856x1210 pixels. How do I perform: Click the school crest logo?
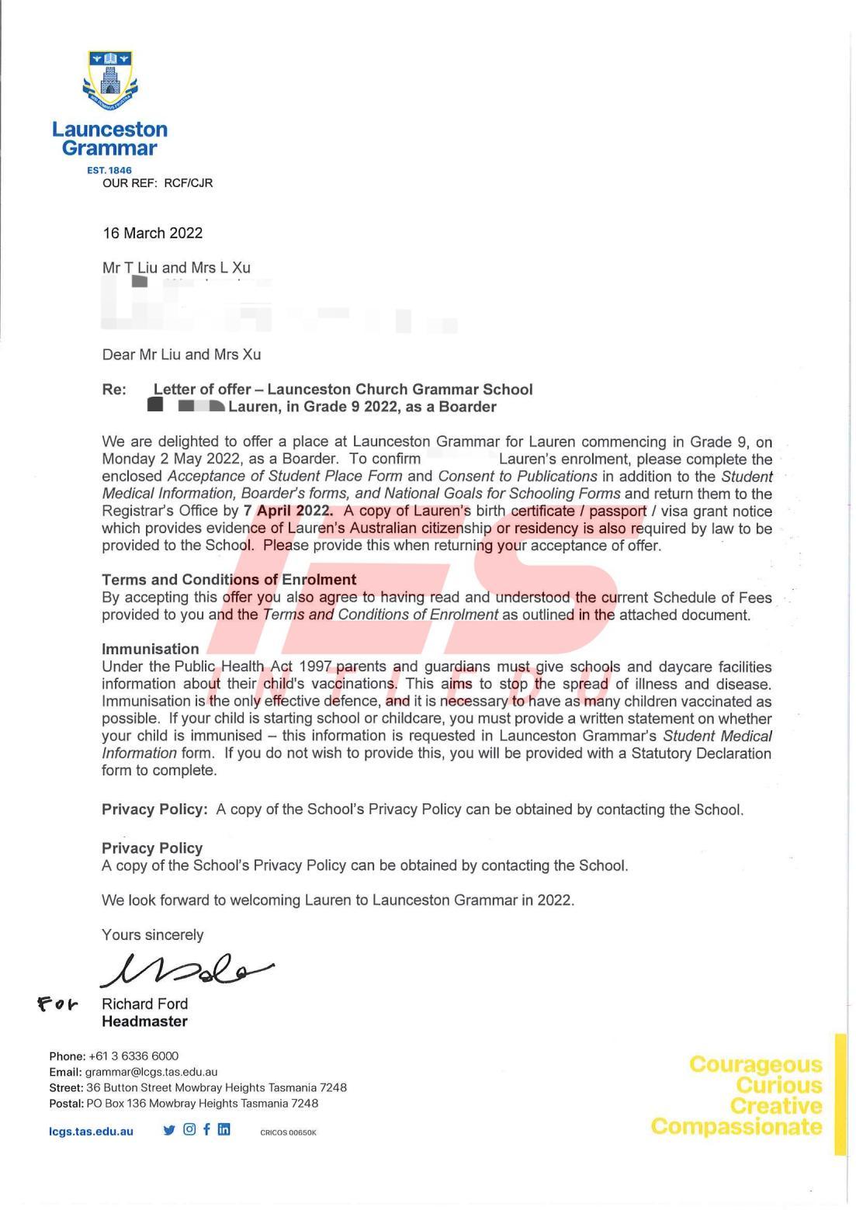(x=110, y=81)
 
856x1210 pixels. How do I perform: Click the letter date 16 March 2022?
(x=153, y=233)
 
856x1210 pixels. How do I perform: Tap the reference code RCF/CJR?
(x=189, y=183)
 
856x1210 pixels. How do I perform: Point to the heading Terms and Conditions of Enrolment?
(x=229, y=580)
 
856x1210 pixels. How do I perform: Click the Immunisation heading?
(x=151, y=649)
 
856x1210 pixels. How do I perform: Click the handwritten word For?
(x=58, y=1004)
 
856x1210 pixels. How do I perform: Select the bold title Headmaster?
(x=144, y=1021)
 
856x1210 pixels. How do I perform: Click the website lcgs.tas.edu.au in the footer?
(x=91, y=1132)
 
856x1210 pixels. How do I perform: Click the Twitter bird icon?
(x=169, y=1130)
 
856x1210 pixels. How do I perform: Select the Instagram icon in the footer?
(x=189, y=1129)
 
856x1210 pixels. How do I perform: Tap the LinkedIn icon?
(x=224, y=1129)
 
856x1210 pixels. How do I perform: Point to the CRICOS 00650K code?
(x=288, y=1132)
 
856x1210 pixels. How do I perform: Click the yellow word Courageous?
(x=755, y=1064)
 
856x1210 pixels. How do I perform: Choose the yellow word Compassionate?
(x=736, y=1126)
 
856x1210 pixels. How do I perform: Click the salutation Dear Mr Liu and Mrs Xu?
(x=182, y=355)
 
